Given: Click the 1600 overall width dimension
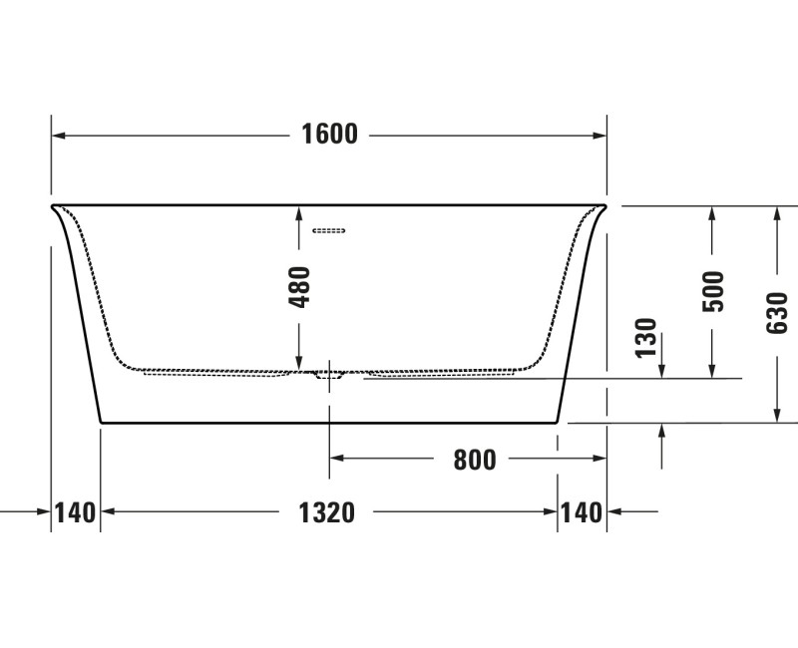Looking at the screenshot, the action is tap(329, 135).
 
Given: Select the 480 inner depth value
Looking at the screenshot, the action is tap(299, 287).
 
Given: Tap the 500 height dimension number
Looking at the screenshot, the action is tap(712, 291).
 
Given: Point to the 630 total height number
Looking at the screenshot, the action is tap(777, 313).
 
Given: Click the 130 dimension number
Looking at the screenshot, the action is tap(646, 338).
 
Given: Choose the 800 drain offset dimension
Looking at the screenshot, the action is tap(475, 460).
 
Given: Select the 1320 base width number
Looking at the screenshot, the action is tap(326, 512).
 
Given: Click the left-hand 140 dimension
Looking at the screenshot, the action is tap(76, 512).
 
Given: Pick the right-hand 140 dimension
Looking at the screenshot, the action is tap(582, 512).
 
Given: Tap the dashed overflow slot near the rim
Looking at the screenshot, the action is tap(329, 230).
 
